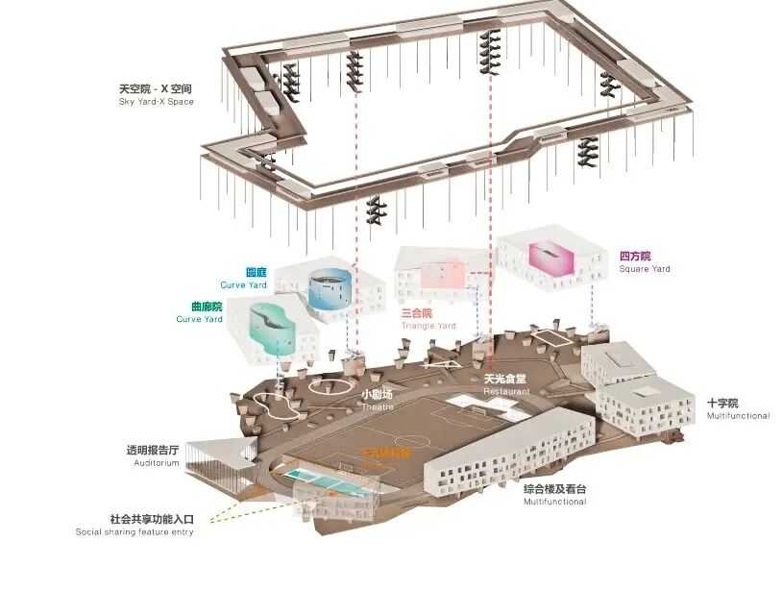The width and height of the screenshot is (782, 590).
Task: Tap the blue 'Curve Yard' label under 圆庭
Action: coord(243,285)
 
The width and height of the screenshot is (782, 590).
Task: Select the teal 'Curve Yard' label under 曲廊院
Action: coord(199,319)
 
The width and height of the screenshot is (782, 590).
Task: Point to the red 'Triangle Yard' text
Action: coord(428,326)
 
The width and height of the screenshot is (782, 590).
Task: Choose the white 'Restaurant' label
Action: coord(506,392)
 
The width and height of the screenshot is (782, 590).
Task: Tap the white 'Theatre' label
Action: coord(378,406)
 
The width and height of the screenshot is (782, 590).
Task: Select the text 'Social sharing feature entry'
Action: coord(134,531)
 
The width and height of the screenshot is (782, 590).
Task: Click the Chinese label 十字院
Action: coord(722,404)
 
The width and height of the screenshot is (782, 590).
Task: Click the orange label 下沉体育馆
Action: coord(385,452)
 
